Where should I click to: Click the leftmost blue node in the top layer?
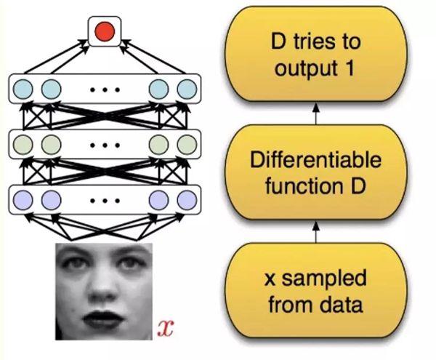click(23, 89)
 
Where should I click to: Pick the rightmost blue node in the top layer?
click(187, 89)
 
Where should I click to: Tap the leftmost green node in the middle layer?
click(23, 143)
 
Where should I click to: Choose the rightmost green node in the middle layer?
click(187, 143)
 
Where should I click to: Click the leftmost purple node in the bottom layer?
click(23, 196)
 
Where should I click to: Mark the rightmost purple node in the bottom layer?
click(187, 196)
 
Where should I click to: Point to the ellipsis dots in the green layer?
click(103, 143)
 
